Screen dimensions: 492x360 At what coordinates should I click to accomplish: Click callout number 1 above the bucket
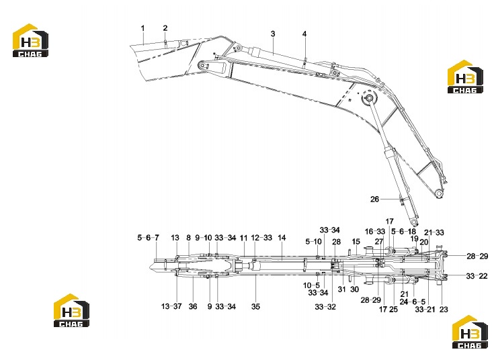142,28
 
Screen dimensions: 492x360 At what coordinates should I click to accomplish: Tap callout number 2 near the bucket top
165,28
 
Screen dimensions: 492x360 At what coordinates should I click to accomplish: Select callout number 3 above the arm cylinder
273,34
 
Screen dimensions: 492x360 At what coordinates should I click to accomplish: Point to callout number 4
304,34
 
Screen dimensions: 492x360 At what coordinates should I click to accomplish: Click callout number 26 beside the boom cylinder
374,199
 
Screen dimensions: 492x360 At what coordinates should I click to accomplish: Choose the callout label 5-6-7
148,238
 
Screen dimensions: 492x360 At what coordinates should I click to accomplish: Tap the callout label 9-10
204,238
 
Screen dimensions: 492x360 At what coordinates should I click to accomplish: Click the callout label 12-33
261,238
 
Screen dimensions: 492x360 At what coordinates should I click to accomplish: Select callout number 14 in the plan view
282,238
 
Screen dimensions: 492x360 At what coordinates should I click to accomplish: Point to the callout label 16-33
375,232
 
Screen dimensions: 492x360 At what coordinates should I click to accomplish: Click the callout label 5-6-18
403,232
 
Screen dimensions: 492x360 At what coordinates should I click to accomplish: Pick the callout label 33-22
477,276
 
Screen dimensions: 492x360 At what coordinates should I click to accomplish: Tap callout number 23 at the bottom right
444,309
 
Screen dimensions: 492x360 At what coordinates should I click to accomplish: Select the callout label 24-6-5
412,302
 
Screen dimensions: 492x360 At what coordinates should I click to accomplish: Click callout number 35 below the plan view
255,306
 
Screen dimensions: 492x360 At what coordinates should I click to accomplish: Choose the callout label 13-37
171,306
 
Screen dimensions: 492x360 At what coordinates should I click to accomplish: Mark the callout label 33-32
325,307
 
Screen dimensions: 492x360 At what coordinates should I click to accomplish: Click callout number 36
193,306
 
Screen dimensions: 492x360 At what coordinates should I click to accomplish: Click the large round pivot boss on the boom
369,99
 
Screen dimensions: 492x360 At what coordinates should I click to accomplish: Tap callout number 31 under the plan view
341,289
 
